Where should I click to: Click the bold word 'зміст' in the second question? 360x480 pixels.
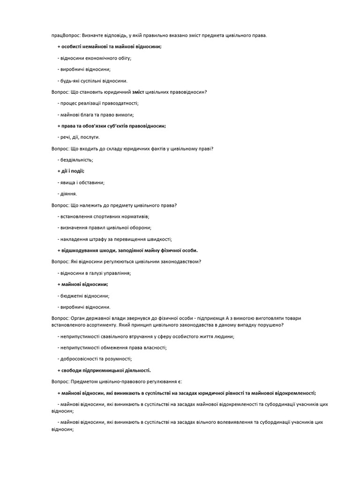tap(139, 92)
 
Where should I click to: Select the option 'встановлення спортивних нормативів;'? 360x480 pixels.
tap(103, 217)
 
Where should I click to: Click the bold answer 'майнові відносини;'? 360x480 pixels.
tap(83, 284)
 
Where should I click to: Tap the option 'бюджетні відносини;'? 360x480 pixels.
tap(83, 296)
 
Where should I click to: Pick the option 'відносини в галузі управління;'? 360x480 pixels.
tap(94, 273)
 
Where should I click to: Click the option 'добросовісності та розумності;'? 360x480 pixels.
tap(95, 359)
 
